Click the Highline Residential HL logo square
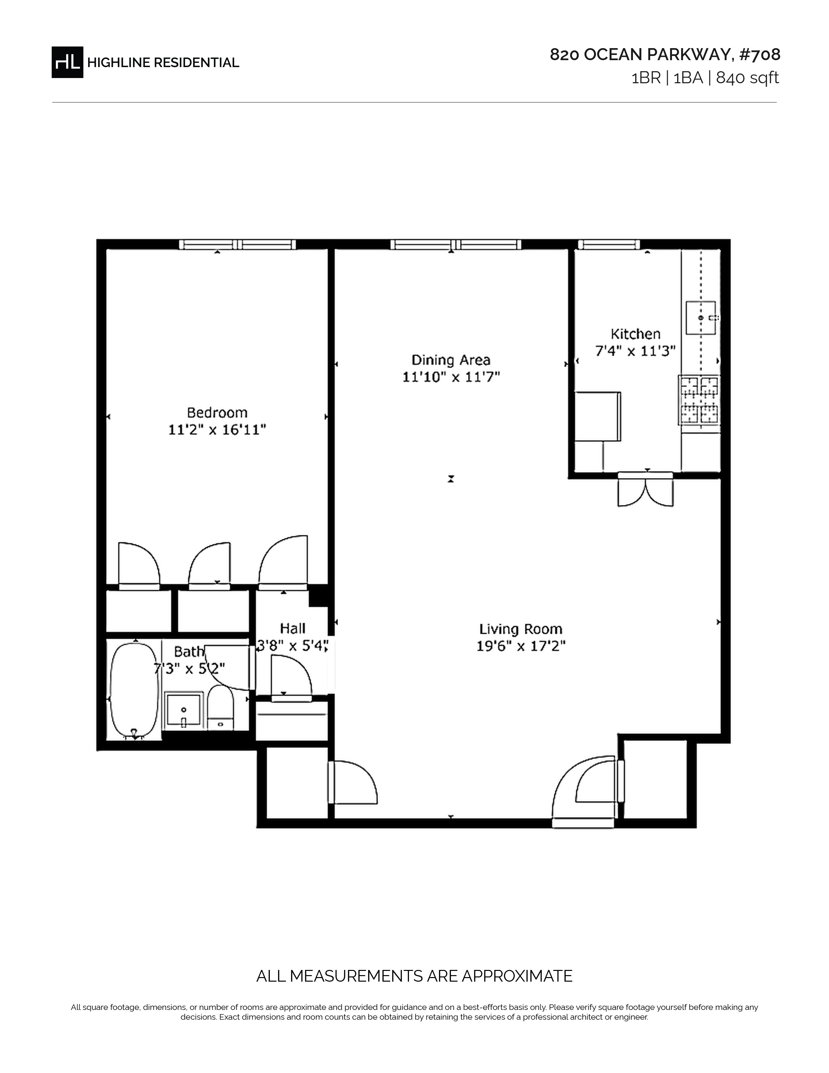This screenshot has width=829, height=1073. pos(67,62)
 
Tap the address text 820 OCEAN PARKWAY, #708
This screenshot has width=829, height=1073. pos(665,55)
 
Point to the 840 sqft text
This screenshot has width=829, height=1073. pos(747,78)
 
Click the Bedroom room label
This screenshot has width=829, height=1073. pos(217,412)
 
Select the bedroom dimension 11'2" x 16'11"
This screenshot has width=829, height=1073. pos(217,430)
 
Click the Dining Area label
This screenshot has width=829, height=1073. pos(451,360)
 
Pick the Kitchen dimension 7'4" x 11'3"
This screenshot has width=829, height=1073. pos(636,351)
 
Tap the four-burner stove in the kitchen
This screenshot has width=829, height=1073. pos(699,399)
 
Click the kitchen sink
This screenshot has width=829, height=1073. pos(701,317)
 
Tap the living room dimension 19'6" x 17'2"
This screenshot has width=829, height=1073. pos(520,645)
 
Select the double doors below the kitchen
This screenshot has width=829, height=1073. pos(645,489)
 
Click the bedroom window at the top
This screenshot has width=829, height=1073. pos(237,244)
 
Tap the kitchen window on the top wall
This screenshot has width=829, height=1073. pos(609,244)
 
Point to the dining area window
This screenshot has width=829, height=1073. pos(456,244)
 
